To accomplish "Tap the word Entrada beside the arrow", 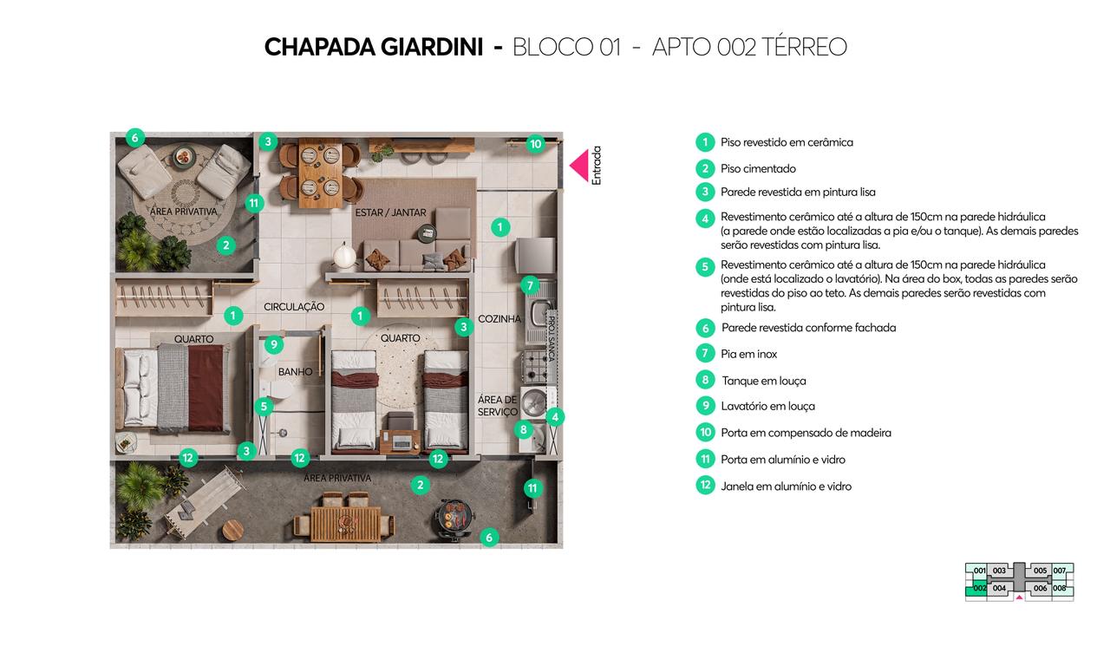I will (596, 165).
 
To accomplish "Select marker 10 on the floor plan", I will (535, 144).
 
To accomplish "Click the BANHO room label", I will (295, 372).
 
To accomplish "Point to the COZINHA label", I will (499, 319).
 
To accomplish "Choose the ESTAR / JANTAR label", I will (389, 212).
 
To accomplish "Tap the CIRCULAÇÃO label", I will (294, 307).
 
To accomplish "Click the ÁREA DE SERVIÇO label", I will (498, 406).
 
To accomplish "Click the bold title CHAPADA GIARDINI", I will (373, 47).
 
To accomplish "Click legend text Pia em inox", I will (748, 354).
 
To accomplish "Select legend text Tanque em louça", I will (763, 381).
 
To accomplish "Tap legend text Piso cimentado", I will (758, 169).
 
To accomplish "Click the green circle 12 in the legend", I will (705, 486).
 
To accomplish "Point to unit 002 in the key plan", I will (979, 588).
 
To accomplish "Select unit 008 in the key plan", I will (1059, 588).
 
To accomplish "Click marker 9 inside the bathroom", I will (273, 344).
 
